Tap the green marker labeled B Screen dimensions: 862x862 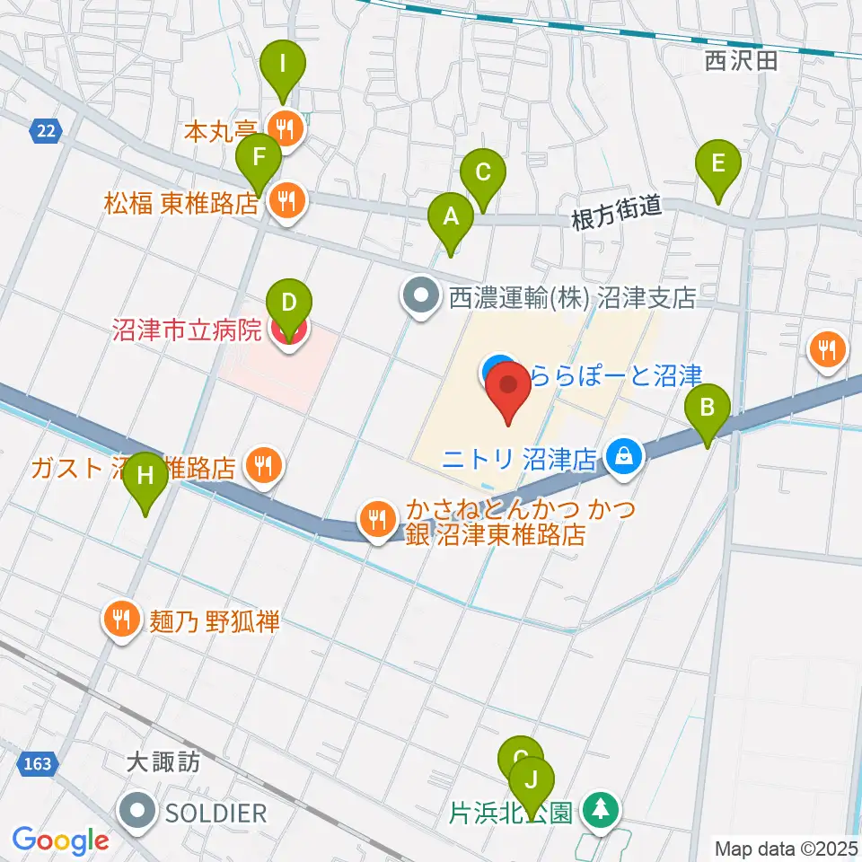[708, 411]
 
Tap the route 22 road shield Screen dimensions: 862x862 [46, 132]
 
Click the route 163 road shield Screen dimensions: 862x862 [38, 764]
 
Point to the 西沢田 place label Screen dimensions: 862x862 [741, 61]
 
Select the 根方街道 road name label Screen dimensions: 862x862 [618, 212]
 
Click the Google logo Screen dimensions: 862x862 [60, 840]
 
